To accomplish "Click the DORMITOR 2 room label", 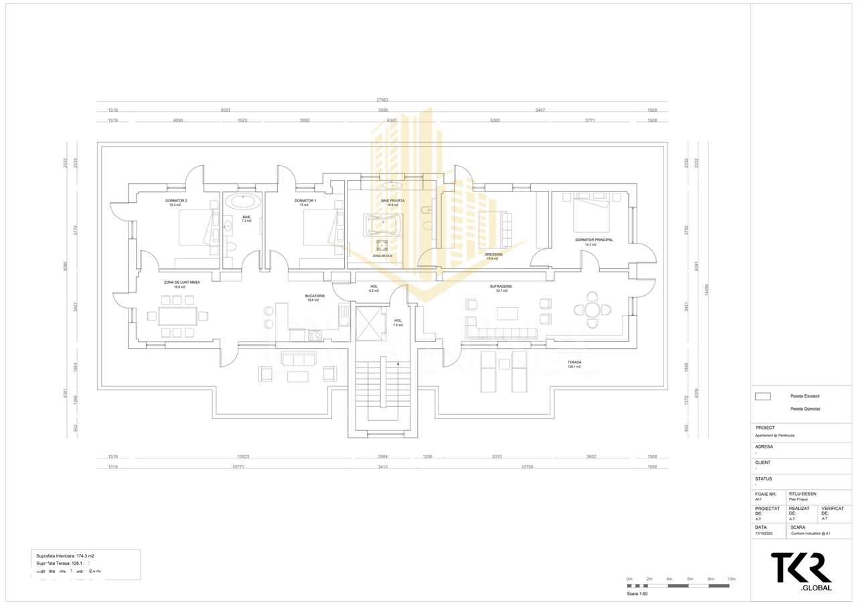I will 176,201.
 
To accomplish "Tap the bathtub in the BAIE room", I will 242,201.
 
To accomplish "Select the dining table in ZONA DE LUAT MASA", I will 177,316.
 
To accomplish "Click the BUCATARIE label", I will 315,296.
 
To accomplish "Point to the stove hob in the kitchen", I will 315,335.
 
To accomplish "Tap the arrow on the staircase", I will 399,364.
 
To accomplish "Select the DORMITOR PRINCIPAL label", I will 594,240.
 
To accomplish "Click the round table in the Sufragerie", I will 592,309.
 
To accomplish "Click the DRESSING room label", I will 493,254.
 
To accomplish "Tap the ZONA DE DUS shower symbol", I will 382,245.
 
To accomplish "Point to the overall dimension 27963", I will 382,100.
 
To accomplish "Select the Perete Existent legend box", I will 763,396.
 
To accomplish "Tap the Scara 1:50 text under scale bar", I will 637,594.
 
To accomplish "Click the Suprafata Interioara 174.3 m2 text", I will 65,556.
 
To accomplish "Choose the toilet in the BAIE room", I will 231,246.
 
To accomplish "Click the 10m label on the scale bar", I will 731,578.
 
